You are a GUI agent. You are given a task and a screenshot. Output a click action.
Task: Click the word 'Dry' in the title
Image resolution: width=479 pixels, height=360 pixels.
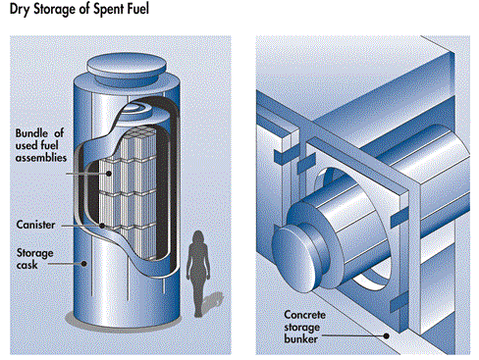point(21,9)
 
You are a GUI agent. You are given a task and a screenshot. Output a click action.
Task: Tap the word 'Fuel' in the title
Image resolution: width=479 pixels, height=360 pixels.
point(137,8)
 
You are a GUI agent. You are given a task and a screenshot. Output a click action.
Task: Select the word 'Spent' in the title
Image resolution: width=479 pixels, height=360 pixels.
point(108,9)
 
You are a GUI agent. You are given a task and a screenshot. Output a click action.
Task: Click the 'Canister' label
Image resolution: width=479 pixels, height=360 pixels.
point(35,225)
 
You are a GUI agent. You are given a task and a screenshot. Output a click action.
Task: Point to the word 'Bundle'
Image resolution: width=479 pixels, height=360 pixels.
point(31,133)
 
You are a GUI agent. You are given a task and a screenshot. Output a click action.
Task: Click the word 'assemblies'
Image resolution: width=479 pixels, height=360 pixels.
point(41,158)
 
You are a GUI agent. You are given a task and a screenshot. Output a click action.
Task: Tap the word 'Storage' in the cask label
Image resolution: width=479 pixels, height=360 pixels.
point(35,253)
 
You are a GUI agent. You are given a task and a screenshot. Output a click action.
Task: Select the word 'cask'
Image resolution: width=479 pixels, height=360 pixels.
point(27,265)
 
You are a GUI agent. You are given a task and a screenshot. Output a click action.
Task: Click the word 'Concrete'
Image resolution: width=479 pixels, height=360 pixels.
point(304,315)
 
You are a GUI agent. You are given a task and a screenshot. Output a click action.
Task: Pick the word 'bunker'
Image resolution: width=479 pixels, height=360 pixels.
point(300,338)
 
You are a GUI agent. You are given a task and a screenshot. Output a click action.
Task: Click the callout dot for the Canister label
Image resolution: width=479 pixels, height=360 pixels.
point(102,226)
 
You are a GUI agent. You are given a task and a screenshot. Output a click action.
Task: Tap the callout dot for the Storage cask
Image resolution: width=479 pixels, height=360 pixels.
point(84,263)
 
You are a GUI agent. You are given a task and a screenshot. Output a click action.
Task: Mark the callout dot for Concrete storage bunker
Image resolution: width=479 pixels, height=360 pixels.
point(387,335)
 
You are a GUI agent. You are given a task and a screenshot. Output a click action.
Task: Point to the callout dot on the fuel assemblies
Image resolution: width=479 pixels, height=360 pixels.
point(108,174)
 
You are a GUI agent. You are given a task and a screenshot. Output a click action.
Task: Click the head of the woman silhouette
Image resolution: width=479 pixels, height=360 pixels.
point(198,236)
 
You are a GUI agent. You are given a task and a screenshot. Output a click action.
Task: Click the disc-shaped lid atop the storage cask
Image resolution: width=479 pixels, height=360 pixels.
point(127,67)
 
